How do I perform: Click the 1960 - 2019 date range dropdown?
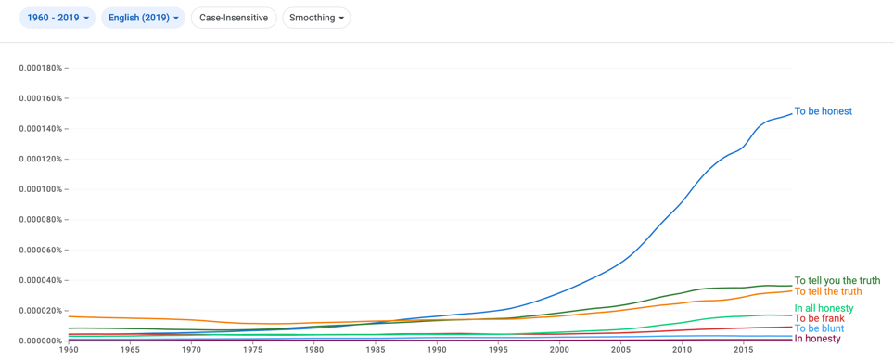(57, 18)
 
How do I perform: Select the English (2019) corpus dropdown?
(143, 18)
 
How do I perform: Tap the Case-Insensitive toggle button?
(234, 18)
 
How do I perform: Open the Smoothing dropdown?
(316, 18)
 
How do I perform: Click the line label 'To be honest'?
(824, 111)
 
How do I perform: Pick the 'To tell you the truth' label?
(837, 281)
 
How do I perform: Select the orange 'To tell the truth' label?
(828, 291)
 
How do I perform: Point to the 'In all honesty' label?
(824, 309)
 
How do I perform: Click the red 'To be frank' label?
(819, 318)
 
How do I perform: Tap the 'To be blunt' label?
(819, 328)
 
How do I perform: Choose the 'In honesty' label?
(818, 339)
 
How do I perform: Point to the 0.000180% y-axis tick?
(41, 68)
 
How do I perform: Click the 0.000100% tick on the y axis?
(41, 189)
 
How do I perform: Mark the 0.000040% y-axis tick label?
(41, 280)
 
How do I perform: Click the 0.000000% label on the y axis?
(41, 341)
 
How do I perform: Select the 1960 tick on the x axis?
(69, 349)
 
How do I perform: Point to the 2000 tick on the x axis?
(559, 349)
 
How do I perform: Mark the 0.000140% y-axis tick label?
(41, 128)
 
